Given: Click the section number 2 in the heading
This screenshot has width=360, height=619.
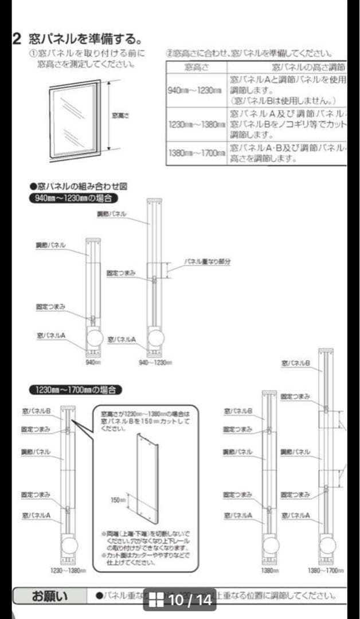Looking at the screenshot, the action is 17,39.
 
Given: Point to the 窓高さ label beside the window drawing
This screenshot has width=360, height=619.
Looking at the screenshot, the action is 122,116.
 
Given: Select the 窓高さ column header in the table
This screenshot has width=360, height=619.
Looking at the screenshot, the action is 196,68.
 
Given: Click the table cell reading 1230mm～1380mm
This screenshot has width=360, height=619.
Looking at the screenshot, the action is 196,124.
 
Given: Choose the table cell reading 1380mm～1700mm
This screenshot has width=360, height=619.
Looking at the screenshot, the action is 196,153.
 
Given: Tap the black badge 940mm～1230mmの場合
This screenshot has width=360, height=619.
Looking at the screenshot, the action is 73,198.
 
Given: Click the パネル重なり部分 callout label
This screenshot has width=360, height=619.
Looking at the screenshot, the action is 207,261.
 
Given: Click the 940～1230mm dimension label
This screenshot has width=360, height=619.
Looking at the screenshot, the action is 155,362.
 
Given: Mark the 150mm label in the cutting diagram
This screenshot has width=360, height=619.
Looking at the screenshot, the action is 118,500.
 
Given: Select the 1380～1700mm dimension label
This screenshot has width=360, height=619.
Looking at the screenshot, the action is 326,570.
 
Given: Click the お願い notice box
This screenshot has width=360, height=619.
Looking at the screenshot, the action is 49,596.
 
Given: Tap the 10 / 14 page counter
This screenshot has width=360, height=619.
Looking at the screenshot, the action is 189,600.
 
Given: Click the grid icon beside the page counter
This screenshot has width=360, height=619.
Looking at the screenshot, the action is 156,600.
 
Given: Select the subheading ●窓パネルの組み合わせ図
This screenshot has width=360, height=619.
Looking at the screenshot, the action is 78,186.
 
